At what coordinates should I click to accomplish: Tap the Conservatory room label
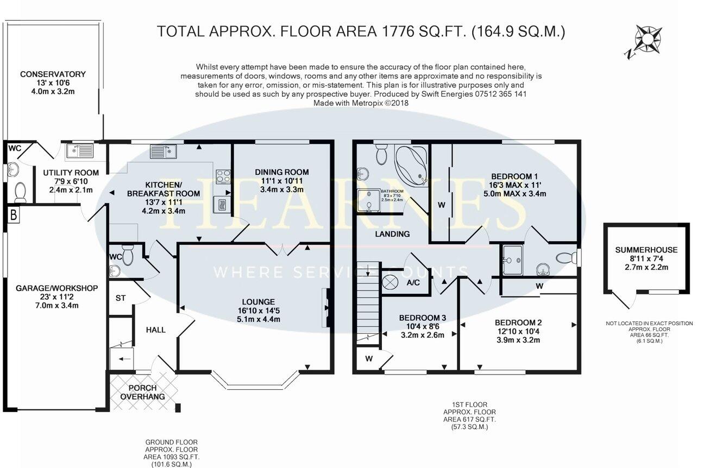[53, 74]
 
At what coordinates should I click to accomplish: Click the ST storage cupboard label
[120, 299]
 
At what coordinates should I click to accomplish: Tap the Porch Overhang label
[143, 393]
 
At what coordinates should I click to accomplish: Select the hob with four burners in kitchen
[223, 176]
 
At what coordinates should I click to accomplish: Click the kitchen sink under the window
[163, 150]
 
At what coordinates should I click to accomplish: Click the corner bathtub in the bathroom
[411, 163]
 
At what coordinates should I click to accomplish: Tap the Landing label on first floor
[392, 234]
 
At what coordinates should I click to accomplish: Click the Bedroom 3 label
[422, 318]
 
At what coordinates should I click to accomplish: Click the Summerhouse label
[646, 250]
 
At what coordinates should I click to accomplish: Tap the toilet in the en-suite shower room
[566, 258]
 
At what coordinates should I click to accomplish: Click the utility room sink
[80, 150]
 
